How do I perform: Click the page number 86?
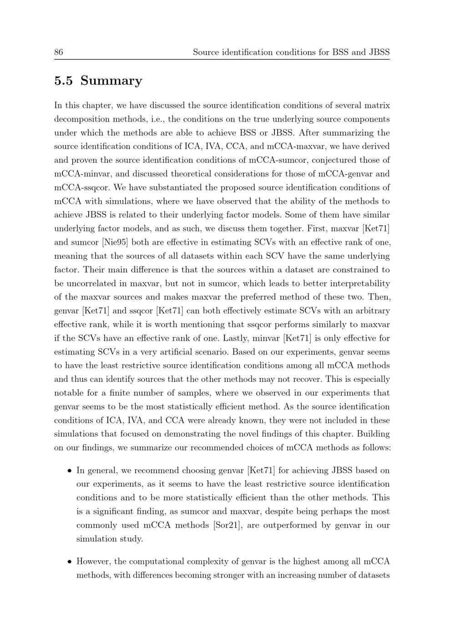(x=59, y=52)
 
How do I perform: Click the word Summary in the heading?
(x=111, y=80)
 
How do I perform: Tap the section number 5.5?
(x=63, y=80)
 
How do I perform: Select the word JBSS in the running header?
(x=379, y=52)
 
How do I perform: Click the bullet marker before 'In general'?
(x=69, y=471)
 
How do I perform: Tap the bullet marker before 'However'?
(x=69, y=562)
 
